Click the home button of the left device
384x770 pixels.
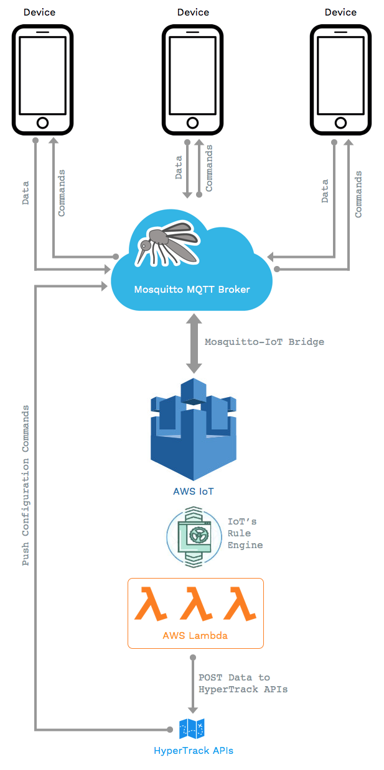(42, 122)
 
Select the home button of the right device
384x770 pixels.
(340, 122)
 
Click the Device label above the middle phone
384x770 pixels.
(193, 12)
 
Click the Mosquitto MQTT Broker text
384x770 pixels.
(192, 290)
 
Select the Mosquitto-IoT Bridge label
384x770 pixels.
(265, 342)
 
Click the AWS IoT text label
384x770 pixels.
(193, 492)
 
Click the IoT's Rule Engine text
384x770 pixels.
(245, 533)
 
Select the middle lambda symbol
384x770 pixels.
(195, 603)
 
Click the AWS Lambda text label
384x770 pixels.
(195, 636)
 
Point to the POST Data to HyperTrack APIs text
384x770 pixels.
(243, 684)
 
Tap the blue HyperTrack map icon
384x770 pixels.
(192, 728)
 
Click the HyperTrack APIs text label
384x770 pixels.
(193, 751)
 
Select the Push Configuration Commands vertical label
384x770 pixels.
(26, 485)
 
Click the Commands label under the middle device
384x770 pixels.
(209, 168)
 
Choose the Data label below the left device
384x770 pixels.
(26, 193)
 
